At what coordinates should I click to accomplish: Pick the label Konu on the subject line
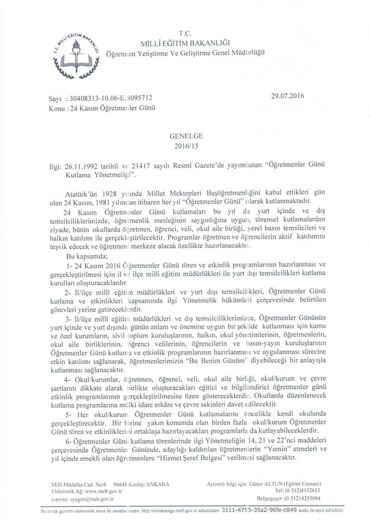[x=57, y=107]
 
